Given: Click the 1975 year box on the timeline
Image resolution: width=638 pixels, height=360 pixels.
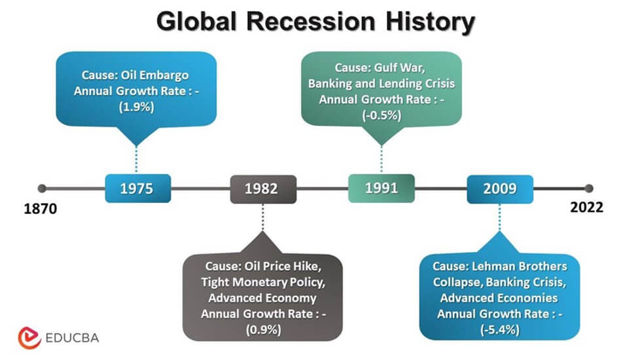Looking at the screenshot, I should [x=137, y=189].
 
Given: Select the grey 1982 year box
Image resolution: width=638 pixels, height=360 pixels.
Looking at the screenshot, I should [x=261, y=189].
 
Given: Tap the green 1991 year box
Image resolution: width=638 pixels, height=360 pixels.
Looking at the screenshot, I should [x=381, y=188].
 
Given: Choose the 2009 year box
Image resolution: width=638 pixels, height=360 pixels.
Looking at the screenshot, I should [x=499, y=189].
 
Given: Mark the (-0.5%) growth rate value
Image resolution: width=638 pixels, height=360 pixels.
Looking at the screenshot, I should [x=381, y=115].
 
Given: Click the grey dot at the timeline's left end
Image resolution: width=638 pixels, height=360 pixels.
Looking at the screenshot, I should [x=43, y=189].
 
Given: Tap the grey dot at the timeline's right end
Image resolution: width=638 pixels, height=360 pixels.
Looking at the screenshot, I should [x=588, y=189].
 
